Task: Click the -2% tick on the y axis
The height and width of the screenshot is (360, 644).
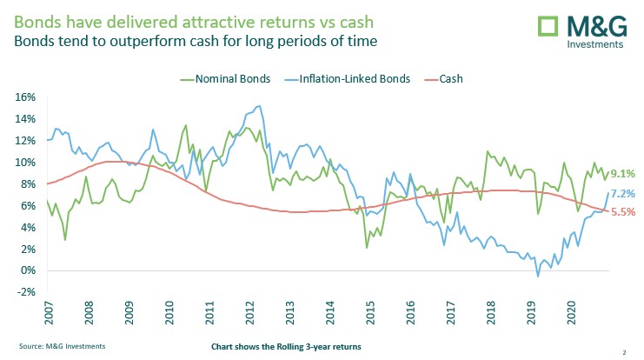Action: point(25,292)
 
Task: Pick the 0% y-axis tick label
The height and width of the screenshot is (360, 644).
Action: point(28,270)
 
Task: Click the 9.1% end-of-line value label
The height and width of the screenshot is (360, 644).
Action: point(623,174)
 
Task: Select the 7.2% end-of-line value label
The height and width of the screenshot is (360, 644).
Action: point(623,194)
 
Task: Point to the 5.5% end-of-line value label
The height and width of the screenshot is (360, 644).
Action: point(623,211)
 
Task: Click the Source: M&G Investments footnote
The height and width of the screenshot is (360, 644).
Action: point(63,345)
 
